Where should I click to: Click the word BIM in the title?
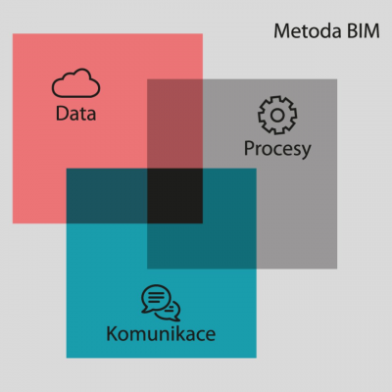364,31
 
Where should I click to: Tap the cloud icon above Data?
75,83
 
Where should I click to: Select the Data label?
75,114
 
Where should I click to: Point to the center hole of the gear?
277,115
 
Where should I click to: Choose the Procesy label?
277,149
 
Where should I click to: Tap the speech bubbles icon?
161,303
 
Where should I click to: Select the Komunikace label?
161,334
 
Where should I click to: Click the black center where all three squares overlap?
174,196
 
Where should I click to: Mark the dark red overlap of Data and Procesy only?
174,123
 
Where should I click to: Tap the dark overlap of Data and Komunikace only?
107,196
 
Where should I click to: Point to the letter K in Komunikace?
113,334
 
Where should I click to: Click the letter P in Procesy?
249,148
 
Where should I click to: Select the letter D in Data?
62,114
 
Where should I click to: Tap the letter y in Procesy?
305,152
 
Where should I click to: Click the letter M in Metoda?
281,31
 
